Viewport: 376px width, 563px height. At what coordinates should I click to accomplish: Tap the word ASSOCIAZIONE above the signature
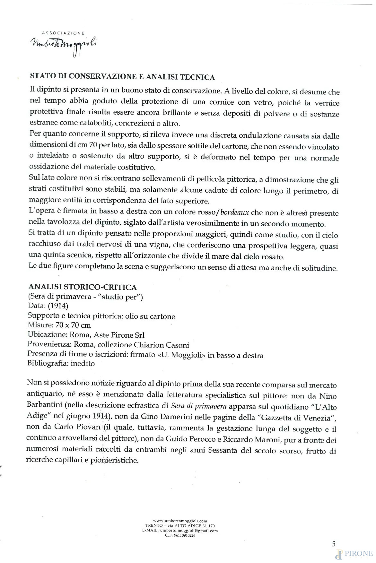pos(63,33)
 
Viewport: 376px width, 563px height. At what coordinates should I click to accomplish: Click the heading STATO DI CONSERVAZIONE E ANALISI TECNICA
pos(122,77)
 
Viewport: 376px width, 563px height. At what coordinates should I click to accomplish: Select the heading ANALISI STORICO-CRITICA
pos(83,287)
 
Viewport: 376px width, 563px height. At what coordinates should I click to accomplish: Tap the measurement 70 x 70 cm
pos(73,325)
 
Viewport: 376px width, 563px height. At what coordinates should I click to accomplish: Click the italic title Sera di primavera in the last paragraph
pos(199,406)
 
